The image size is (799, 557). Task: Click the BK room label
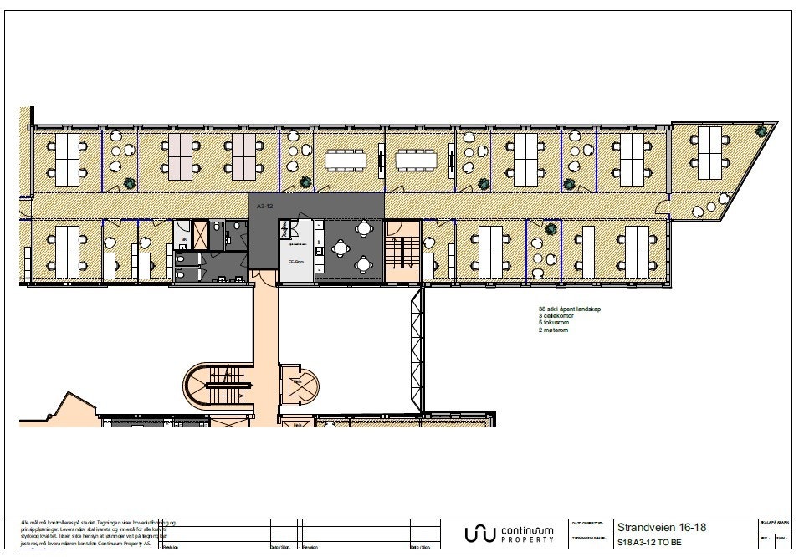[x=183, y=239]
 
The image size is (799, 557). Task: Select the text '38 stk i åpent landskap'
[x=570, y=309]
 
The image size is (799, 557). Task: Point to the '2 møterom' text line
[x=554, y=330]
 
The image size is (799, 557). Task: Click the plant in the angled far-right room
[x=760, y=130]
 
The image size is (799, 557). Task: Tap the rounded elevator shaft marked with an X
[x=299, y=386]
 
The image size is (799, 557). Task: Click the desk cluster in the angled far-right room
[x=709, y=151]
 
